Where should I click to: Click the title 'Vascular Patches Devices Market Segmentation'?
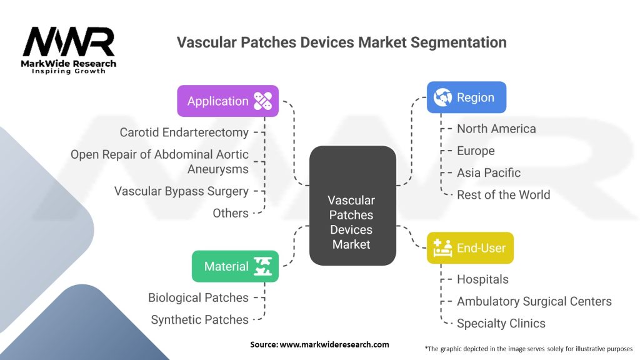341,42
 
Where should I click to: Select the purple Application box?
227,101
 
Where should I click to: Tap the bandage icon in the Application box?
262,101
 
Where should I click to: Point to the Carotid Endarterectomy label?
184,132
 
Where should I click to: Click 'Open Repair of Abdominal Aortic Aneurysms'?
159,161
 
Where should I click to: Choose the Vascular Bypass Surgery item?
181,191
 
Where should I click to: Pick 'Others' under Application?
231,213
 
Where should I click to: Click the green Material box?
235,266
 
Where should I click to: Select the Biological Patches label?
198,297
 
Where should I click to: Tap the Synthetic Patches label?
199,319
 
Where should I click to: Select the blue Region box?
466,97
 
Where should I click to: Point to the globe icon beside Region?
442,97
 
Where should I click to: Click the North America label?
496,129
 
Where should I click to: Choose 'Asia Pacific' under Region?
488,172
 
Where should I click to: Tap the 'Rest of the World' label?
503,194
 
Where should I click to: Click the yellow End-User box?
470,248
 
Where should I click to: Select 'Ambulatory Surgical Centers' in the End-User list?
534,301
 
